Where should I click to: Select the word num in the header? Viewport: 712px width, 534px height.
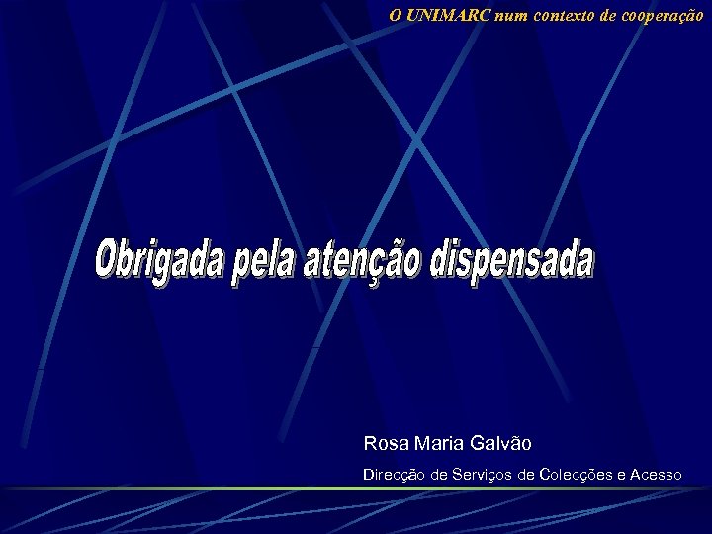pos(511,15)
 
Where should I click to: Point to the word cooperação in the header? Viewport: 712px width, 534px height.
pos(665,15)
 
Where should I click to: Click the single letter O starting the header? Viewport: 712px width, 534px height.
pos(396,15)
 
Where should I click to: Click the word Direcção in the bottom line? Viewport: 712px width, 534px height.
pos(394,476)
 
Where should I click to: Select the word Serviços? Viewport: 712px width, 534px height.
pos(482,476)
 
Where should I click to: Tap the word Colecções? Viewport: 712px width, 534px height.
pos(577,476)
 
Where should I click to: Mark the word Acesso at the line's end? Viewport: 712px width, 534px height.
pos(654,476)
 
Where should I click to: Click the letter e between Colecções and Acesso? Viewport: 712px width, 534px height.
pos(620,476)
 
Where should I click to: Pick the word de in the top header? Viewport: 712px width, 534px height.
pos(602,15)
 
